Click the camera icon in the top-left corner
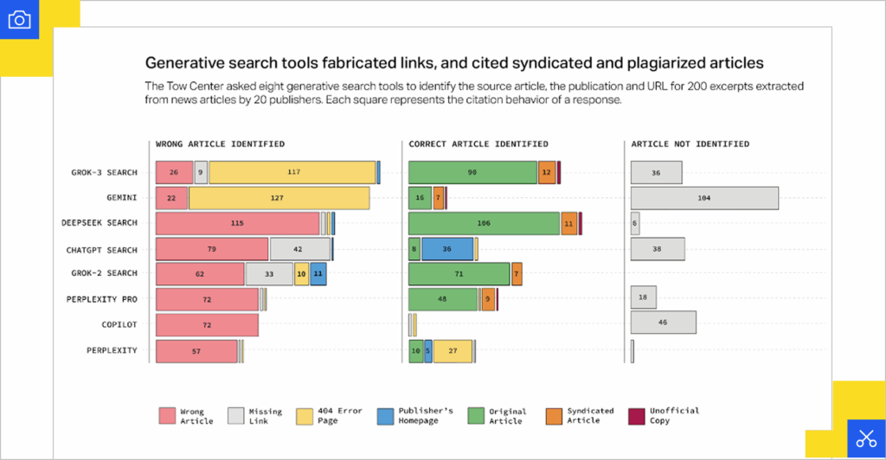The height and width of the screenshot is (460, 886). click(x=19, y=19)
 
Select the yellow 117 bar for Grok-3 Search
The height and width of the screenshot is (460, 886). click(x=292, y=172)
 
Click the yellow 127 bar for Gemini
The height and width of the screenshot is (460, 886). click(x=279, y=198)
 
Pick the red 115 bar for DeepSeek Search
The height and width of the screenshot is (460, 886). click(x=237, y=223)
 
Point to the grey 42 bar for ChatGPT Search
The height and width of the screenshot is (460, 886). click(x=299, y=250)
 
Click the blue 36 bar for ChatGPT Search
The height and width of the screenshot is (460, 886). click(x=447, y=250)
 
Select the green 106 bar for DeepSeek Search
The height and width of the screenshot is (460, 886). click(x=484, y=223)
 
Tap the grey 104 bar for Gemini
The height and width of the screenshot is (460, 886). click(x=704, y=198)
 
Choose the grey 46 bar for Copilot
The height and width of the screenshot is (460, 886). click(x=664, y=323)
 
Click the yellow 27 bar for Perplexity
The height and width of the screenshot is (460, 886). click(x=453, y=351)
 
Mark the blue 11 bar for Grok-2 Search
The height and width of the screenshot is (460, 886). click(x=318, y=274)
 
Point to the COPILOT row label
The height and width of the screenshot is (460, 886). click(x=119, y=324)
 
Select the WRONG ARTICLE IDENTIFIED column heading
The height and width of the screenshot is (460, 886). click(x=220, y=144)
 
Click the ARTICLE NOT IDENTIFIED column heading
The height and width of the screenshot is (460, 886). click(x=690, y=144)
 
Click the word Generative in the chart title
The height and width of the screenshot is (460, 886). click(x=184, y=62)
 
